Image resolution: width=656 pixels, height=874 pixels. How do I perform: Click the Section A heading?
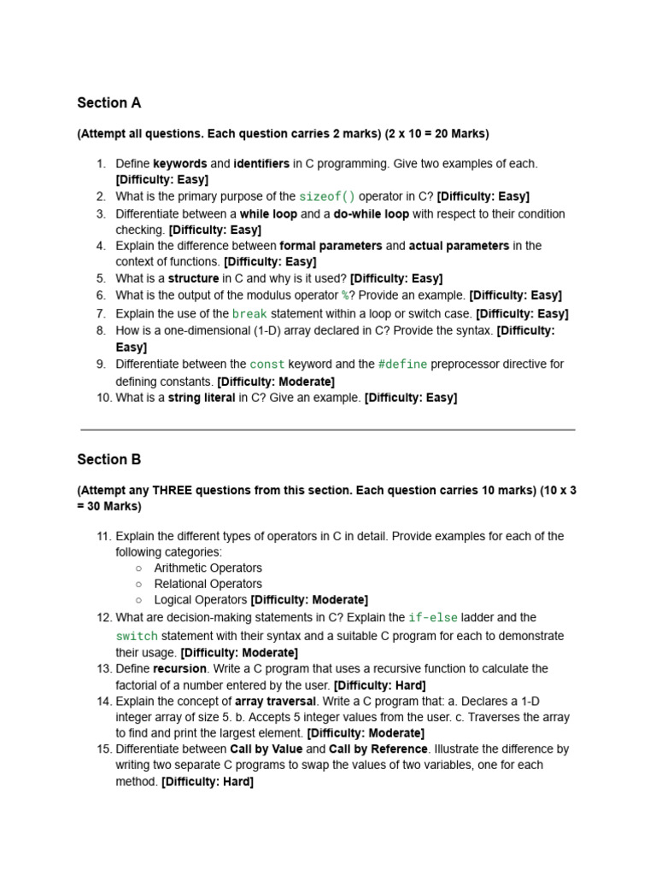coord(108,103)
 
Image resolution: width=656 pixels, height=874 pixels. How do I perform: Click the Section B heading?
coord(108,460)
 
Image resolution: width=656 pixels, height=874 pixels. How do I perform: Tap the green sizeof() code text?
coord(327,196)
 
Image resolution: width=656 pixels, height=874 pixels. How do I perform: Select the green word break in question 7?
coord(249,314)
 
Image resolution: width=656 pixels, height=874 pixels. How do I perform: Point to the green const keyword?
coord(267,364)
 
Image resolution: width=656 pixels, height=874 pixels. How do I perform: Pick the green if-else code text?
coord(433,618)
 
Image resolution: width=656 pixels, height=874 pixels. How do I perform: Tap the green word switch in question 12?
coord(137,637)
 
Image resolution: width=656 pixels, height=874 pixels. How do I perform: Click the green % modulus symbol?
coord(345,296)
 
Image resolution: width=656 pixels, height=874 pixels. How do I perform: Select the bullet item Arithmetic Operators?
coord(208,568)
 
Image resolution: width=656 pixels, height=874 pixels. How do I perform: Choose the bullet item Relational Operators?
coord(208,585)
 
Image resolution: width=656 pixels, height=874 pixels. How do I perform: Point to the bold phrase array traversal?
coord(271,702)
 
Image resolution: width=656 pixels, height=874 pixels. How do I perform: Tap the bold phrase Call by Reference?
coord(378,749)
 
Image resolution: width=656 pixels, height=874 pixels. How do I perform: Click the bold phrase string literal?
coord(202,398)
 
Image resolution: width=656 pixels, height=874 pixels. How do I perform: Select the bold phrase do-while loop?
coord(371,214)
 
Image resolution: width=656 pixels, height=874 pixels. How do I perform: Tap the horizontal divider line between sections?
coord(328,429)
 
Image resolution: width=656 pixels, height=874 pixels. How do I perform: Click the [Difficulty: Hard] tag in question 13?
coord(379,685)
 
